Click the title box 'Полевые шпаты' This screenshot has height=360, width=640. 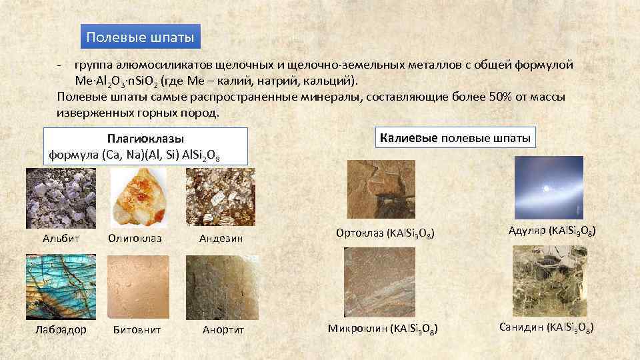click(x=140, y=37)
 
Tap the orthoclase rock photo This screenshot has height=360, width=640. click(x=377, y=189)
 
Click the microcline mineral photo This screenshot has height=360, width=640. click(x=377, y=281)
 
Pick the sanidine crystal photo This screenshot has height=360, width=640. click(x=547, y=279)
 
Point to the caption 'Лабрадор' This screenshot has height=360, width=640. click(x=61, y=329)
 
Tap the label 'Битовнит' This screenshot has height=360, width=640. click(x=137, y=329)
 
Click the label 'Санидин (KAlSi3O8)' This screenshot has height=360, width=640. click(x=547, y=327)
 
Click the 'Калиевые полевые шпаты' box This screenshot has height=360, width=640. click(x=455, y=138)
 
